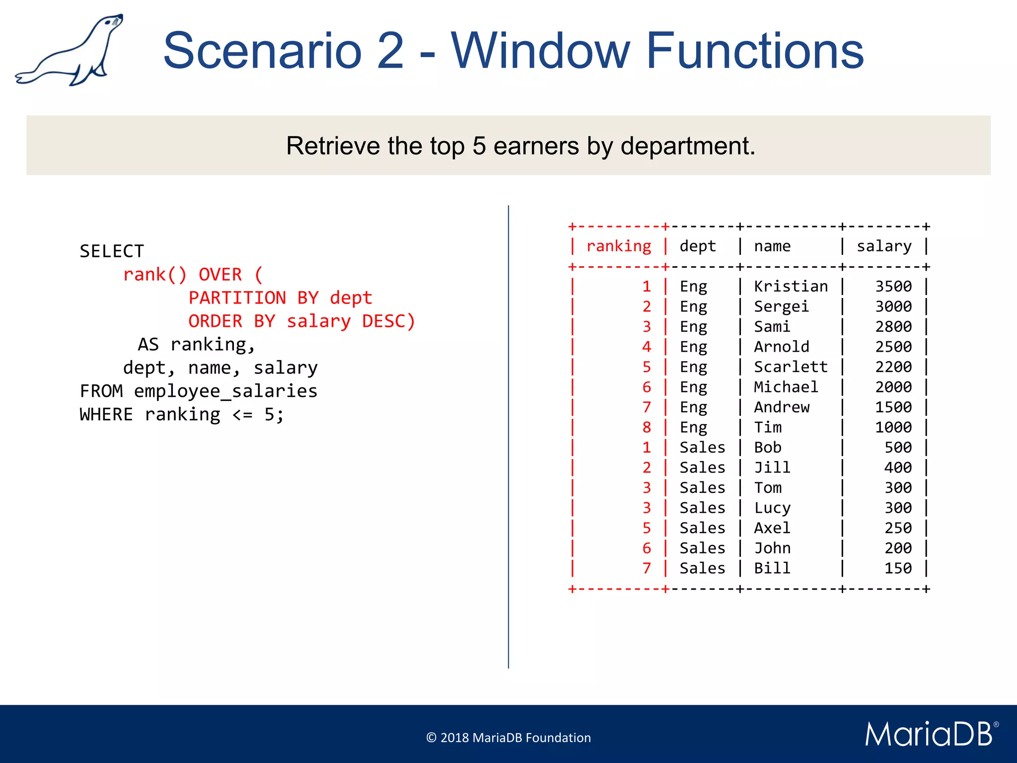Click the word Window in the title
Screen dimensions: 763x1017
(540, 51)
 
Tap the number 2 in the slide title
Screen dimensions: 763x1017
(390, 51)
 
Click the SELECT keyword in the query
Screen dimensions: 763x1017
(112, 251)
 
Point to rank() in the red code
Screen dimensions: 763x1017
(154, 275)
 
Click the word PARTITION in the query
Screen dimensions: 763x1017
(237, 298)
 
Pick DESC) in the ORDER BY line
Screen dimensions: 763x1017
(388, 321)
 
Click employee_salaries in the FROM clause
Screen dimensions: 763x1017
(225, 391)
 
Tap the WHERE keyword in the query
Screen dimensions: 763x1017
(106, 415)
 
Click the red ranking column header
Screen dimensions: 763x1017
(618, 246)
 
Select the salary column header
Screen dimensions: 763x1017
(884, 246)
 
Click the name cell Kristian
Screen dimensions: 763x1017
(791, 287)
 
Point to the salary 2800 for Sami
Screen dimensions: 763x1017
(893, 327)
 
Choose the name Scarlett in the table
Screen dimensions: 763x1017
(791, 367)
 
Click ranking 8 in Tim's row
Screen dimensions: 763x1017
(646, 428)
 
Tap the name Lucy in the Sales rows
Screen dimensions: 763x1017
(772, 508)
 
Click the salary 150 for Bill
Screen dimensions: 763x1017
(898, 568)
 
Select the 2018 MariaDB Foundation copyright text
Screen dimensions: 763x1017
(508, 738)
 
